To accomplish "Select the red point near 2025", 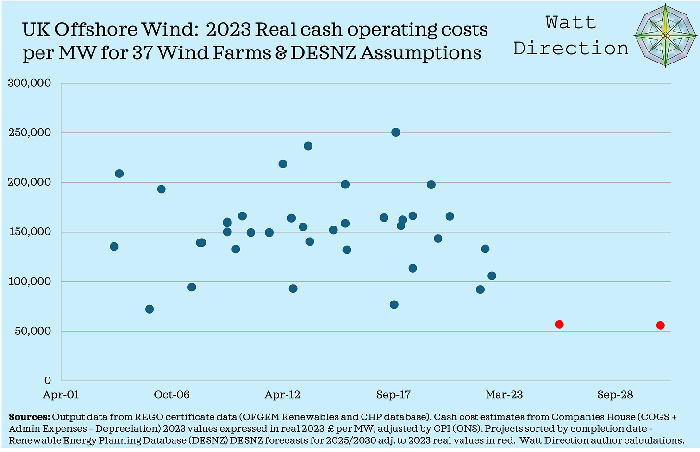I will (x=559, y=324).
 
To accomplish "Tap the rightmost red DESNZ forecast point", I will (x=660, y=325).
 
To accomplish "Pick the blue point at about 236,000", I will (x=308, y=146).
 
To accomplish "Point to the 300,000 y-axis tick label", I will (x=30, y=83).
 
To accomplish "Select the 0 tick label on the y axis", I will (x=47, y=380).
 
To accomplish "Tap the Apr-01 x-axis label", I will (x=61, y=395).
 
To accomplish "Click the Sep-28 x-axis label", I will (x=615, y=395).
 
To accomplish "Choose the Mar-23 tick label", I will (x=504, y=395).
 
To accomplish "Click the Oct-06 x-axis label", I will (x=172, y=395).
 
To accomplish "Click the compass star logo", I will (x=665, y=36).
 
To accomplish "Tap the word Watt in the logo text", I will (x=571, y=22).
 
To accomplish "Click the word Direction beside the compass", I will (x=571, y=48).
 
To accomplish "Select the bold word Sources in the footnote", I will (x=29, y=417).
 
